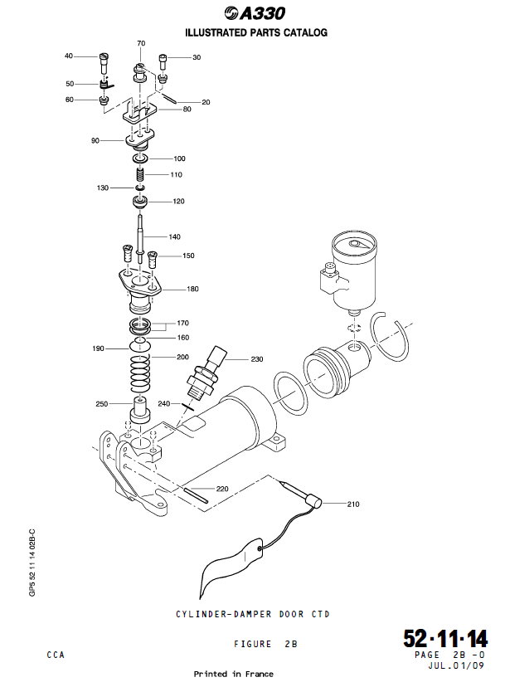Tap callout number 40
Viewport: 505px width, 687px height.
pyautogui.click(x=70, y=56)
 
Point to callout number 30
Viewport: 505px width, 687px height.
pyautogui.click(x=197, y=58)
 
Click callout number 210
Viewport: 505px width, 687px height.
pyautogui.click(x=353, y=504)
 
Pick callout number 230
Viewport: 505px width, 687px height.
pyautogui.click(x=257, y=359)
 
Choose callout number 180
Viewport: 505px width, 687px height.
pyautogui.click(x=193, y=290)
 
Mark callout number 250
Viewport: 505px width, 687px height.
pyautogui.click(x=101, y=404)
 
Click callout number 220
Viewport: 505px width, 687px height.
pyautogui.click(x=222, y=489)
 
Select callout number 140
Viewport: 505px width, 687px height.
pyautogui.click(x=174, y=237)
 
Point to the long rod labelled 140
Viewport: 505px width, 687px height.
pyautogui.click(x=143, y=232)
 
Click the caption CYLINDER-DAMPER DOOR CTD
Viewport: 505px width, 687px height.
pyautogui.click(x=252, y=614)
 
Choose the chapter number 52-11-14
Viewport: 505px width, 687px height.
pyautogui.click(x=445, y=639)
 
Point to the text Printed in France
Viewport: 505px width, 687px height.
pyautogui.click(x=233, y=674)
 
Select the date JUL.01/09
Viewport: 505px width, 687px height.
pyautogui.click(x=457, y=665)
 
